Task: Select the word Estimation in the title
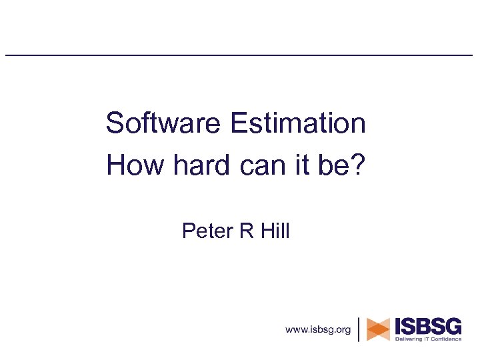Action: [x=297, y=124]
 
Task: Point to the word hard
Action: [x=195, y=165]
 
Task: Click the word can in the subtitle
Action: [x=256, y=165]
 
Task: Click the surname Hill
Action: [x=273, y=231]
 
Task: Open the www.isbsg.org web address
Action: [x=318, y=329]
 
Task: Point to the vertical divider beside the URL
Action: [x=359, y=329]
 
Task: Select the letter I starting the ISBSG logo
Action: [x=399, y=326]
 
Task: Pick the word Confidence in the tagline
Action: [x=445, y=339]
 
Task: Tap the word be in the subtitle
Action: [x=333, y=165]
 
